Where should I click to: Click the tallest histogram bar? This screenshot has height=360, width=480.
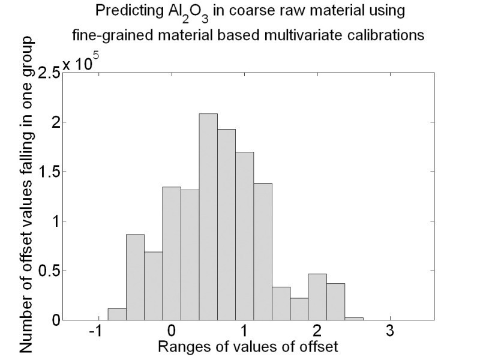tap(208, 217)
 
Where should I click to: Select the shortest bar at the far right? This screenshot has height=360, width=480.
tap(336, 319)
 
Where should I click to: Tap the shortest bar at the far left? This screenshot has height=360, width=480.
tap(117, 314)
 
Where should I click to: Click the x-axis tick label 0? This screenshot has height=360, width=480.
tap(172, 331)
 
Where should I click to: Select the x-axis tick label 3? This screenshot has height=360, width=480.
tap(390, 331)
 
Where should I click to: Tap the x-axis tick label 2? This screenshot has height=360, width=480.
tap(317, 331)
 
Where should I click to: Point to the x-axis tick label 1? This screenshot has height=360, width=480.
tap(245, 331)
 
